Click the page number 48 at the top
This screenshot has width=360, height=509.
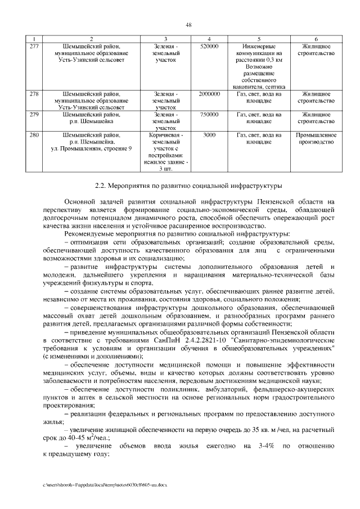click(189, 25)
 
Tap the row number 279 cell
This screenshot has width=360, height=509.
click(34, 115)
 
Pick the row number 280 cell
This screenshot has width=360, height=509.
click(34, 136)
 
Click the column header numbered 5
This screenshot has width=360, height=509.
click(259, 38)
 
